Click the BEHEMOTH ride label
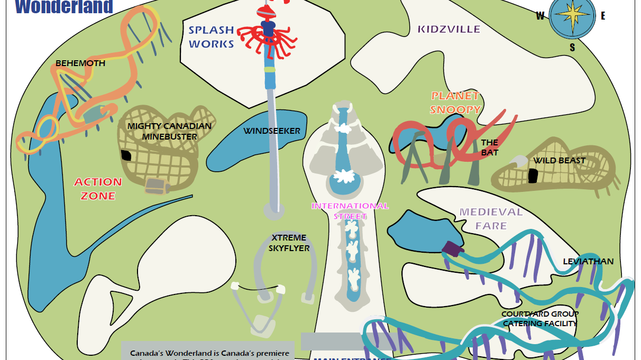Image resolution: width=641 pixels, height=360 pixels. click(80, 63)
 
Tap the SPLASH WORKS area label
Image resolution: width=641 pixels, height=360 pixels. click(212, 37)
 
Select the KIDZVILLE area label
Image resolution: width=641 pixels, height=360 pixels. click(449, 29)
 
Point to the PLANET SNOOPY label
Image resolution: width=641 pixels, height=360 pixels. click(455, 103)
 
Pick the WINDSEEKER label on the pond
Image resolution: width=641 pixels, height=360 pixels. click(271, 131)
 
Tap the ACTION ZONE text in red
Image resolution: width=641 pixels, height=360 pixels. click(98, 189)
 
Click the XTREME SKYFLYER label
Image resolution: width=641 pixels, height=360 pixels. click(289, 243)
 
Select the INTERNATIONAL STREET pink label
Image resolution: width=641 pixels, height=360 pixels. click(350, 210)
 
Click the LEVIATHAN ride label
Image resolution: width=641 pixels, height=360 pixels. click(588, 262)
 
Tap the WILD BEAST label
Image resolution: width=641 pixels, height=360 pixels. click(559, 161)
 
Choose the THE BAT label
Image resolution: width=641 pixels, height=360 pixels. click(489, 147)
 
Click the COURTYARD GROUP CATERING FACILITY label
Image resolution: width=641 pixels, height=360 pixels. click(540, 319)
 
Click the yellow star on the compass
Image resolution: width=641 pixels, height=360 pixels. click(572, 15)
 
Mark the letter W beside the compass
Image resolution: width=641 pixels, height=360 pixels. click(540, 16)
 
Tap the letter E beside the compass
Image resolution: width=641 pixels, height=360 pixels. click(603, 16)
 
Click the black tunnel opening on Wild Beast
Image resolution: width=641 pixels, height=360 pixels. click(532, 176)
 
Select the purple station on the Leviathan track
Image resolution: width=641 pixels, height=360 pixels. click(453, 248)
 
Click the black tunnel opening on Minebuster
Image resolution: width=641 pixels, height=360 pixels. click(126, 155)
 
